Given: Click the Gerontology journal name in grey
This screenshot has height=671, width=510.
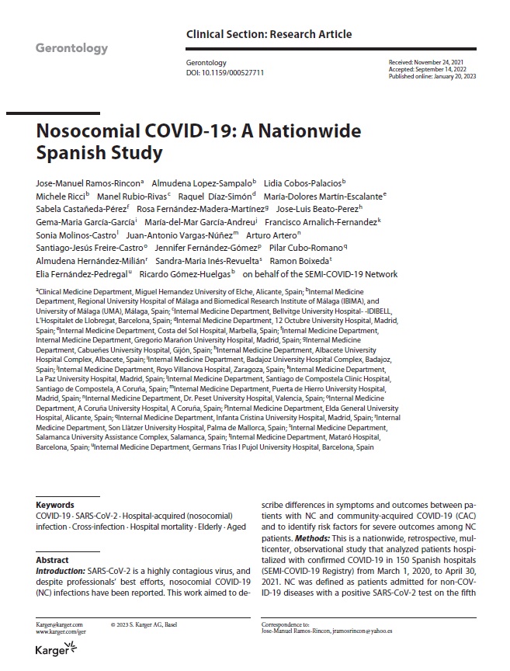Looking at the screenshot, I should pyautogui.click(x=71, y=48).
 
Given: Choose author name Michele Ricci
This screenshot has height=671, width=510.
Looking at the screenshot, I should pyautogui.click(x=61, y=197).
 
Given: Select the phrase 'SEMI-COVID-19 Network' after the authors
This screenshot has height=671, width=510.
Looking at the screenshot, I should pyautogui.click(x=353, y=273).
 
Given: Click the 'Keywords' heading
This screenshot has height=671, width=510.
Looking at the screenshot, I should pyautogui.click(x=55, y=505).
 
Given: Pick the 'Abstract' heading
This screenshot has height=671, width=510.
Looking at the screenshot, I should pyautogui.click(x=53, y=560).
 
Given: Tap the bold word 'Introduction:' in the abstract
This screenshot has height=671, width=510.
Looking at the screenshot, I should pyautogui.click(x=62, y=571).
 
